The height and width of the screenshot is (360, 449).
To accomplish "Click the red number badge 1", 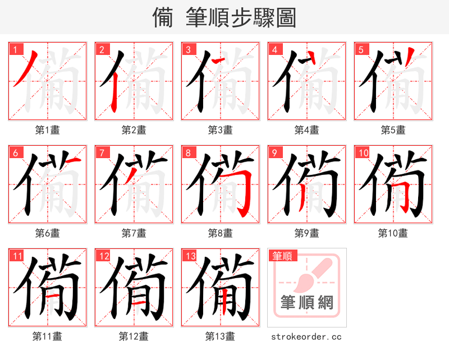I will click(x=15, y=49).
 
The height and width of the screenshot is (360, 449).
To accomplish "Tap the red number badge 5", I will click(x=361, y=49).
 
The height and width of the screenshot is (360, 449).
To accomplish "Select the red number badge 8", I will click(x=188, y=153).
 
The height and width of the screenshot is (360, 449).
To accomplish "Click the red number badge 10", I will click(x=363, y=153).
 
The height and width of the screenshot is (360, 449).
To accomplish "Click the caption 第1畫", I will click(x=48, y=130).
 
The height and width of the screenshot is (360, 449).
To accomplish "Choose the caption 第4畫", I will click(x=307, y=130).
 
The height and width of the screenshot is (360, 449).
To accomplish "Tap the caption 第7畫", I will click(x=134, y=233).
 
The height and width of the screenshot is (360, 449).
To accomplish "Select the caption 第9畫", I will click(x=307, y=233).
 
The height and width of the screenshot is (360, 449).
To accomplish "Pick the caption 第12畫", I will click(x=134, y=336).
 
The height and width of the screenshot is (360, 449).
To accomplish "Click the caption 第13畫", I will click(x=220, y=336).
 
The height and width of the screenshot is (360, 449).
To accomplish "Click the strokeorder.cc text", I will click(x=306, y=336).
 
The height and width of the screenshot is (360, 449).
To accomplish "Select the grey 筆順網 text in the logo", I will click(x=307, y=303).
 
